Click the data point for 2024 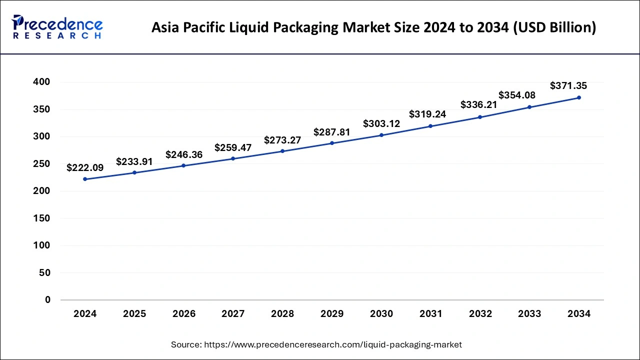pos(85,179)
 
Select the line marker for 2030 pos(381,135)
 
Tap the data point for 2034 pos(579,97)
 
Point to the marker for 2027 pos(233,158)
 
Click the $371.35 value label pos(568,86)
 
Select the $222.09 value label pos(85,168)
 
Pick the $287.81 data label pos(332,132)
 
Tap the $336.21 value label pos(479,105)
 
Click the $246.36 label pos(184,154)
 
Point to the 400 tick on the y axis pos(41,82)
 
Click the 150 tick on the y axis pos(41,218)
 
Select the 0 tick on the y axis pos(47,300)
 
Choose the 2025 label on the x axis pos(134,314)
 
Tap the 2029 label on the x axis pos(332,314)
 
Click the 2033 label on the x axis pos(529,314)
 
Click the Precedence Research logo pos(57,27)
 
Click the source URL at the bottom pos(333,344)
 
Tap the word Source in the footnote pos(186,344)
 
